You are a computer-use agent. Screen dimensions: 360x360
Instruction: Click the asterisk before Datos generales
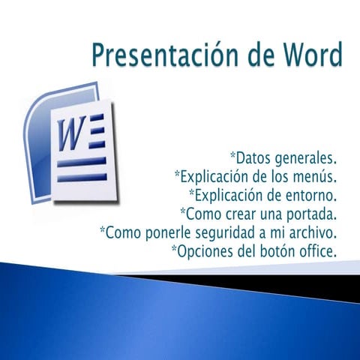232,156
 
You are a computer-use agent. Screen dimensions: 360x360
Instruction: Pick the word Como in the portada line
202,214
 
